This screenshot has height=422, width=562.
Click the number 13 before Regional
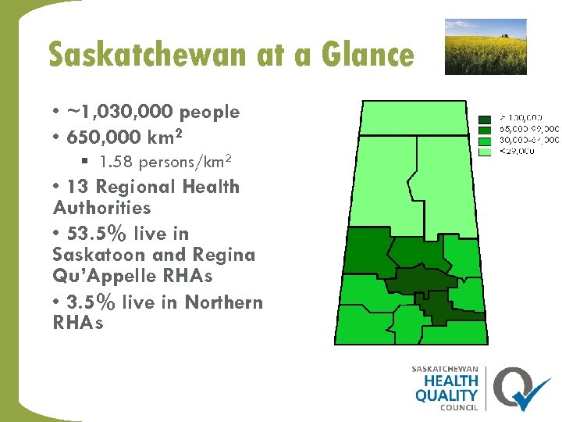coord(77,188)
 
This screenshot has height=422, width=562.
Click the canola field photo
coord(486,47)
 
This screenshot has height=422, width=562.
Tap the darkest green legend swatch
coord(484,119)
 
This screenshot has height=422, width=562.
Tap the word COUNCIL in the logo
coord(460,407)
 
